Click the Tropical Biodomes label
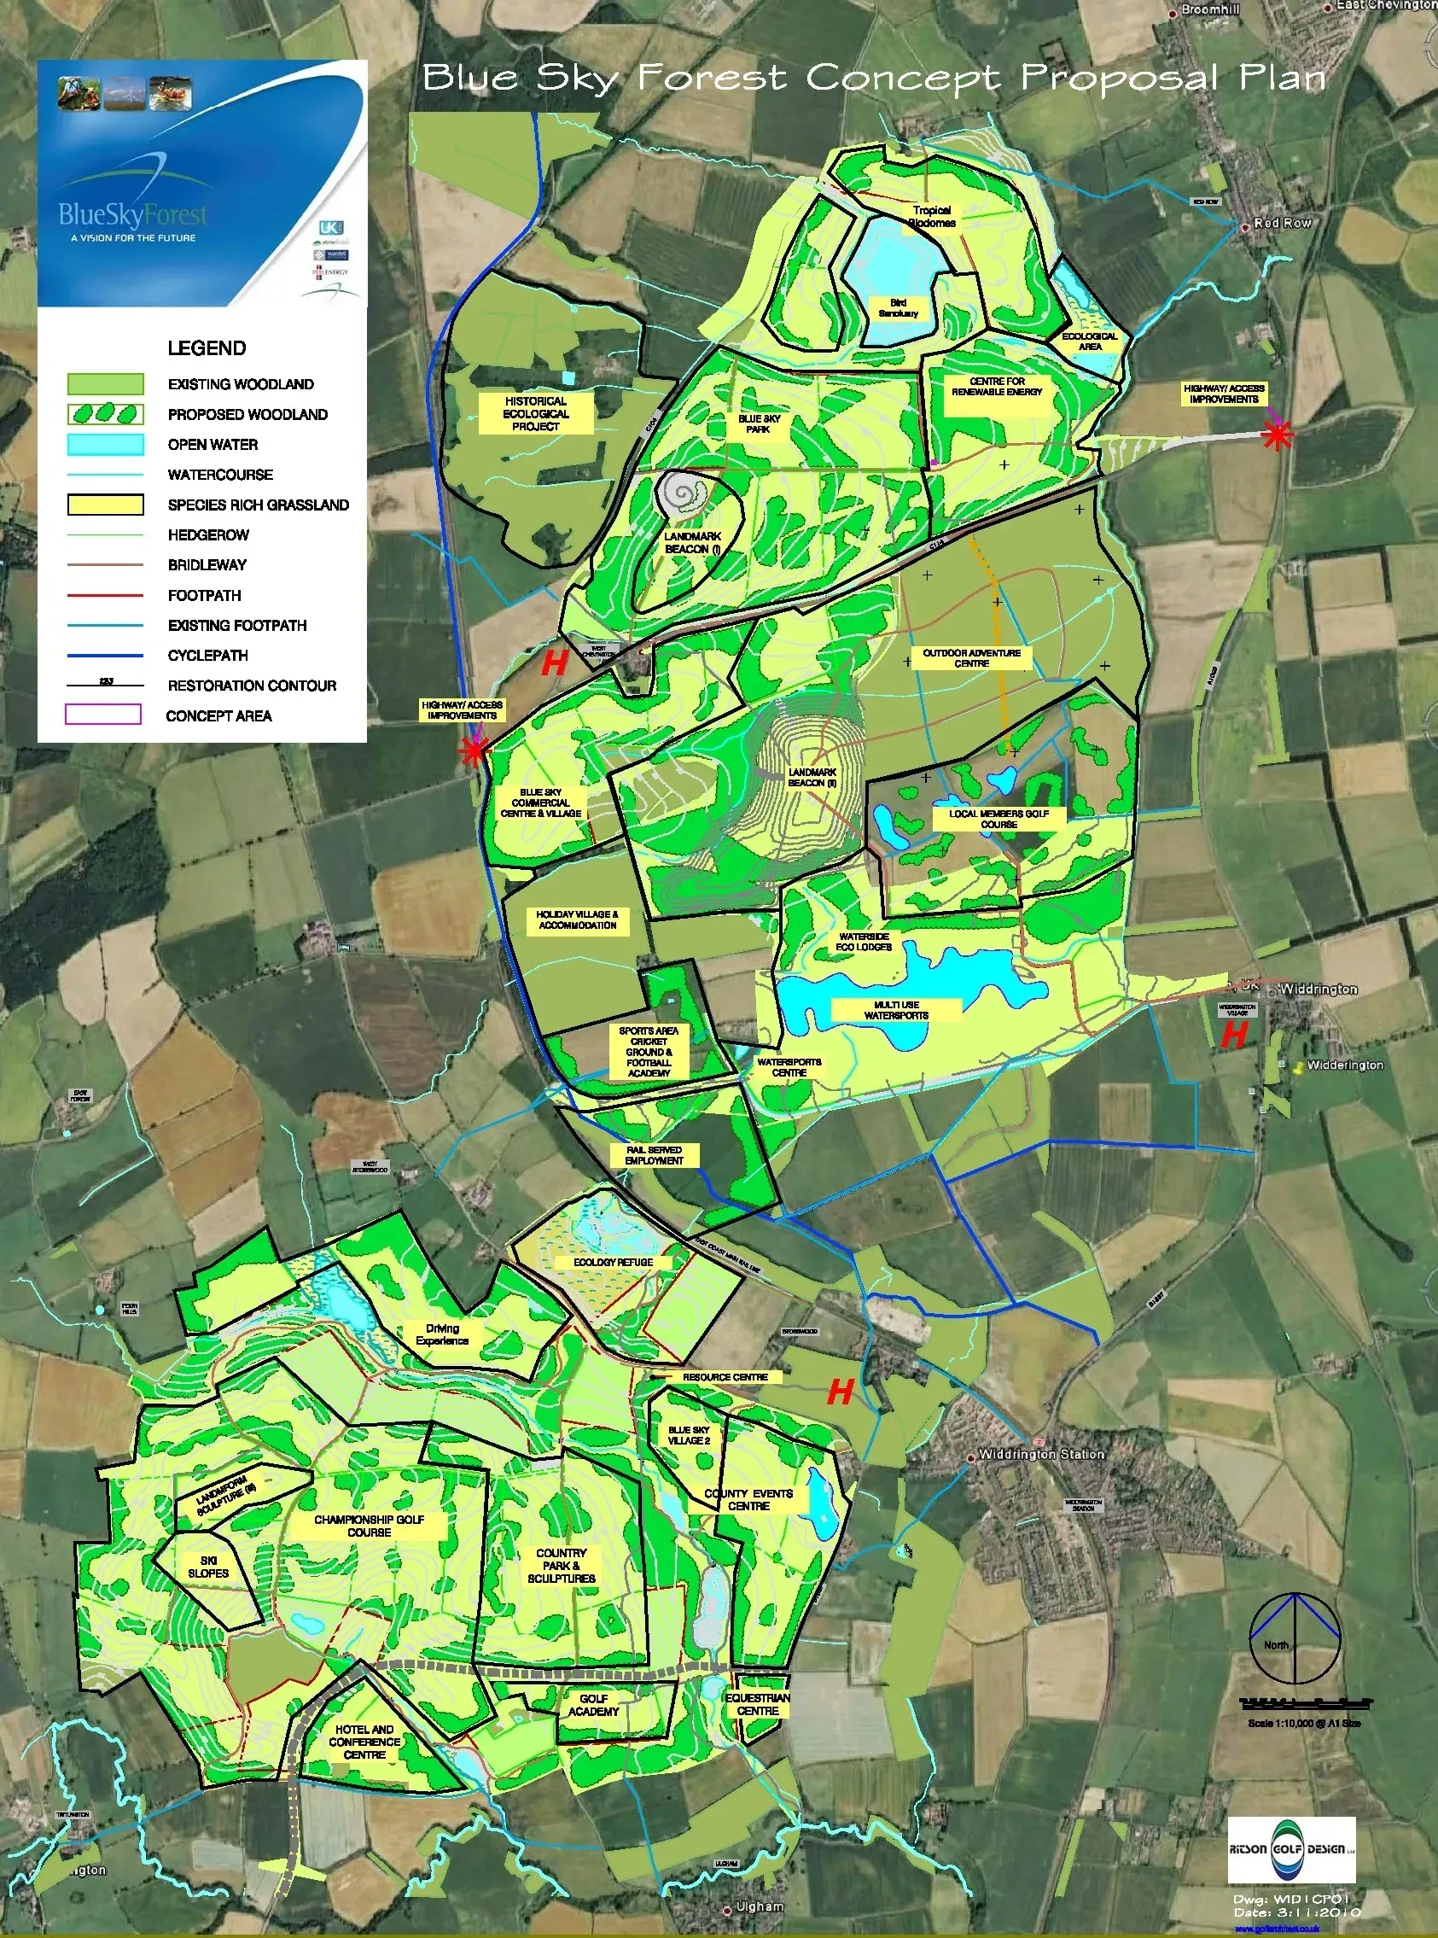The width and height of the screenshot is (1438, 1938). coord(931,216)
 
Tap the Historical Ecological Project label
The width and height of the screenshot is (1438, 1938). coord(535,413)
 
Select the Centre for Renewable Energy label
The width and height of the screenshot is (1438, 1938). coord(997,387)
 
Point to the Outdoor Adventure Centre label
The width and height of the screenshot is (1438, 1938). coord(971,658)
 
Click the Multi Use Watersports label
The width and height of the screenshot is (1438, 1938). coord(896,1010)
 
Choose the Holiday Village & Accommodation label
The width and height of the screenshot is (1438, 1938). coord(577,920)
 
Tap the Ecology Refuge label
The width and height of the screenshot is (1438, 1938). coord(613,1263)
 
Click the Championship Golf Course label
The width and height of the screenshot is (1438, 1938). coord(369,1526)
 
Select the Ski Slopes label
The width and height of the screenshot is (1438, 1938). coord(208,1567)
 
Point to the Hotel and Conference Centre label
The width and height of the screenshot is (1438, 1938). coord(364,1742)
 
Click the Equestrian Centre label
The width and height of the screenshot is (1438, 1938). coord(757,1704)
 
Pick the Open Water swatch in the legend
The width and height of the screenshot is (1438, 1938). coord(105,445)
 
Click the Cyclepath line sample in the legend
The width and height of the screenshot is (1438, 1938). coord(105,656)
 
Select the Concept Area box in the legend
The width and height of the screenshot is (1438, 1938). coord(102,715)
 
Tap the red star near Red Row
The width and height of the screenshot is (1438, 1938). coord(1276,436)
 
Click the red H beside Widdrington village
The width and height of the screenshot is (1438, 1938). coord(1233,1036)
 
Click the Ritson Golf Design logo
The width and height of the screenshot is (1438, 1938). coord(1292,1849)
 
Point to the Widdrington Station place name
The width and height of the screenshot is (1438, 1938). coord(1041,1455)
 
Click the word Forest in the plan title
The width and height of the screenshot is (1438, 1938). coord(712,79)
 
